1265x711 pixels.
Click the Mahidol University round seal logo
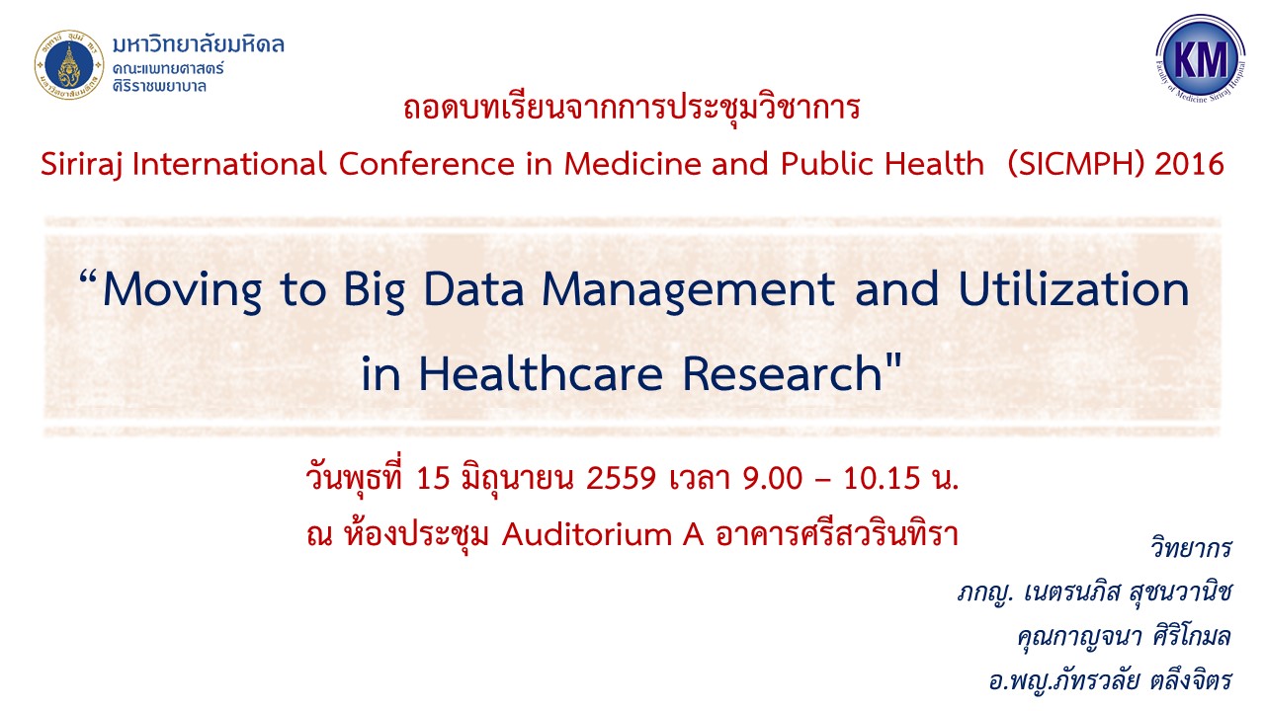click(69, 65)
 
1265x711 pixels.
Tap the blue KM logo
click(1200, 58)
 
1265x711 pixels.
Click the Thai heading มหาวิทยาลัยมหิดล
click(199, 44)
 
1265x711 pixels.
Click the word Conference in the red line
click(427, 164)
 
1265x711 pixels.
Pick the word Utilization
click(1073, 289)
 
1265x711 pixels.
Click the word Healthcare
click(541, 373)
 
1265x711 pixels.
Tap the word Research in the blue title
click(782, 373)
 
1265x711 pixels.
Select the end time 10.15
click(882, 478)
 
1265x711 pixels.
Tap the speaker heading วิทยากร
click(1191, 547)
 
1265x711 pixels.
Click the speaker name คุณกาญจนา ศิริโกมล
click(1124, 637)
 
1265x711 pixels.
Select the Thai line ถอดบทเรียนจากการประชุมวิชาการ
click(632, 108)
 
